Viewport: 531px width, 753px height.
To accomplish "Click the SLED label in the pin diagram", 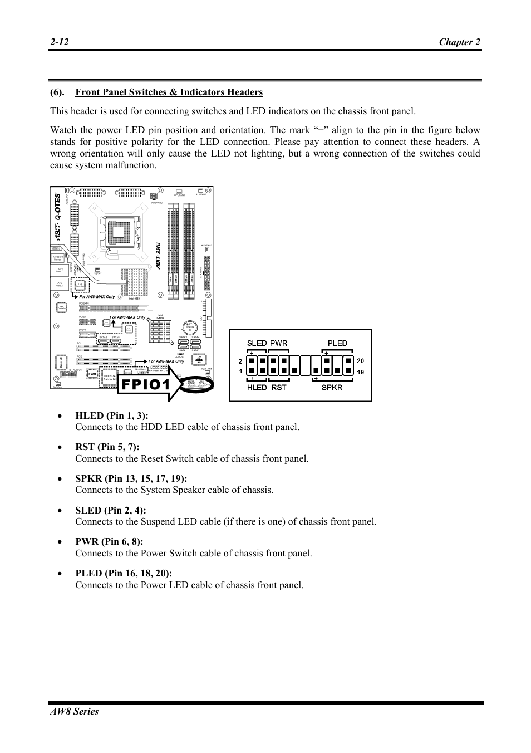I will click(257, 343).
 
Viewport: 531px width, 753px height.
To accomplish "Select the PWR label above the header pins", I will click(279, 343).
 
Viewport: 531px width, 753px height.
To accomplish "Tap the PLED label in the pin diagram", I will click(337, 343).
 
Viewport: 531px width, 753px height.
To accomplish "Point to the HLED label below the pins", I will click(257, 388).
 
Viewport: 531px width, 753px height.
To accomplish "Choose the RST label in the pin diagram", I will click(279, 388).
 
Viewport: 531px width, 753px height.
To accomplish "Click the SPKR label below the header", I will click(332, 388).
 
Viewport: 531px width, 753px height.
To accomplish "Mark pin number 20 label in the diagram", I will click(360, 361).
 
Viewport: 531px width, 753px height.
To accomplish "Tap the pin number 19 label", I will click(360, 372).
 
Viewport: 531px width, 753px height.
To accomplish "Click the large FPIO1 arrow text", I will click(144, 385).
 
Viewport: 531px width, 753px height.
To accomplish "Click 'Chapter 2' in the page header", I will click(459, 42).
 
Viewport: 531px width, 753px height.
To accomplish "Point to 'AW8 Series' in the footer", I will click(74, 711).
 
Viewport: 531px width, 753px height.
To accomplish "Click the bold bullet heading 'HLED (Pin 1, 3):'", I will click(112, 415).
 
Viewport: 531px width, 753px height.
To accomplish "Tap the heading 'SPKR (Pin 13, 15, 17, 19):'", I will click(131, 478).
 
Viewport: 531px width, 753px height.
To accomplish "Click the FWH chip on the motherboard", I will click(92, 374).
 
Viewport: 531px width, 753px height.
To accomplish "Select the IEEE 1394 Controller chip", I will click(110, 378).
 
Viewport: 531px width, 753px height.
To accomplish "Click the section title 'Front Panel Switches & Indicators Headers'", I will click(169, 92).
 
